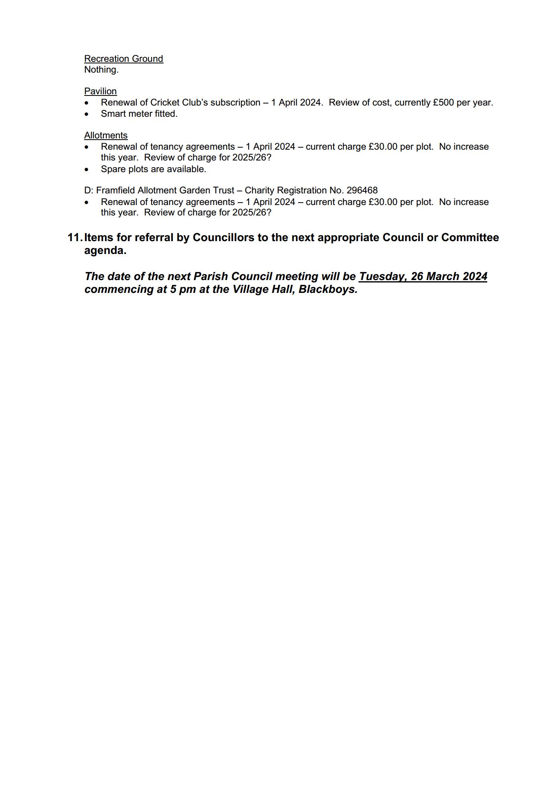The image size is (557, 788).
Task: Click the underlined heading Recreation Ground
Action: coord(124,59)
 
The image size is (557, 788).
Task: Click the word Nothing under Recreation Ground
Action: coord(101,70)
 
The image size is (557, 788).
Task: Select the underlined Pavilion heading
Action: coord(100,91)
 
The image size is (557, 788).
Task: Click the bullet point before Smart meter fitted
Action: coord(87,114)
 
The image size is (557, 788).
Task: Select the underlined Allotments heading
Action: coord(106,135)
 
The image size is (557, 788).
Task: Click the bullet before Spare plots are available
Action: coord(87,170)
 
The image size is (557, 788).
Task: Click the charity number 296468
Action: coord(362,190)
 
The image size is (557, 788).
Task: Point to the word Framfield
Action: coord(115,190)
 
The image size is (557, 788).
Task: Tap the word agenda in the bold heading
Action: coord(105,250)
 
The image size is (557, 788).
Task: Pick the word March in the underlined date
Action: coord(442,276)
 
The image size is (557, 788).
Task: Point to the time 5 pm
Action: coord(182,289)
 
